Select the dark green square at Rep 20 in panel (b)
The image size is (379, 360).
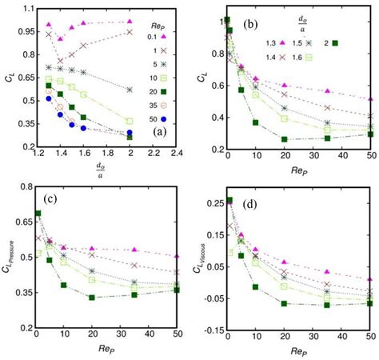coord(284,139)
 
